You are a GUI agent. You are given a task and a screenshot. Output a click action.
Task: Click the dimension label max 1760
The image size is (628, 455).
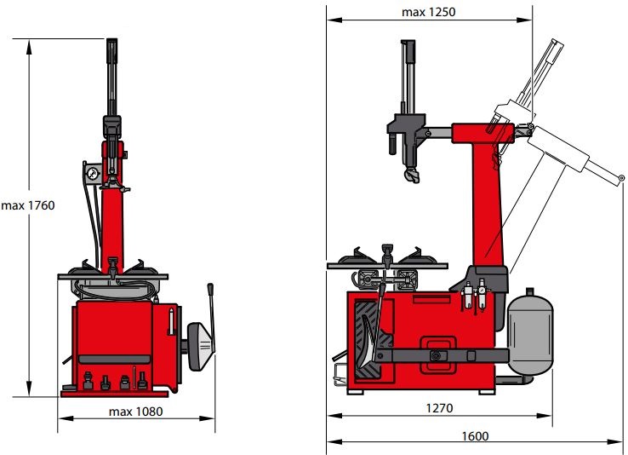coord(28,205)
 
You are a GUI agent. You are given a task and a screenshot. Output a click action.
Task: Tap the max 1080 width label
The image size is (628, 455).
coord(136,412)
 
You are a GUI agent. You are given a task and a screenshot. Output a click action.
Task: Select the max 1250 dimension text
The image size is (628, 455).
coord(429,12)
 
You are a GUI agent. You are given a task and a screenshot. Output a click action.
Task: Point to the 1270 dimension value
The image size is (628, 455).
coord(439,408)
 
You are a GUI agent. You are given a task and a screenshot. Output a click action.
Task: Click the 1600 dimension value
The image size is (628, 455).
coord(475,436)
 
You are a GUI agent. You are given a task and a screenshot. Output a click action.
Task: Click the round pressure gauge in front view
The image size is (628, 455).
coord(93,174)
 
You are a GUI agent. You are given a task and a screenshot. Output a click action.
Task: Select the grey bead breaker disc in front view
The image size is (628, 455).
coord(201,346)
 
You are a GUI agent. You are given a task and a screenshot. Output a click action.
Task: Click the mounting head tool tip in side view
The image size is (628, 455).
coord(412,176)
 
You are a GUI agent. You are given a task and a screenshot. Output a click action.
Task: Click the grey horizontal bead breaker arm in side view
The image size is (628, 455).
coord(442,355)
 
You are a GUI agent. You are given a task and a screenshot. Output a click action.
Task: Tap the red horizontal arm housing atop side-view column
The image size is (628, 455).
coord(482,134)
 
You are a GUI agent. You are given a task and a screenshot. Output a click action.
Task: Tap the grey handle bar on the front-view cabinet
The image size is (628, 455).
coord(115,360)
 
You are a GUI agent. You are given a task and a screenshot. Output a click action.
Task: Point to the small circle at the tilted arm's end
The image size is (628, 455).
coord(621,177)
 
